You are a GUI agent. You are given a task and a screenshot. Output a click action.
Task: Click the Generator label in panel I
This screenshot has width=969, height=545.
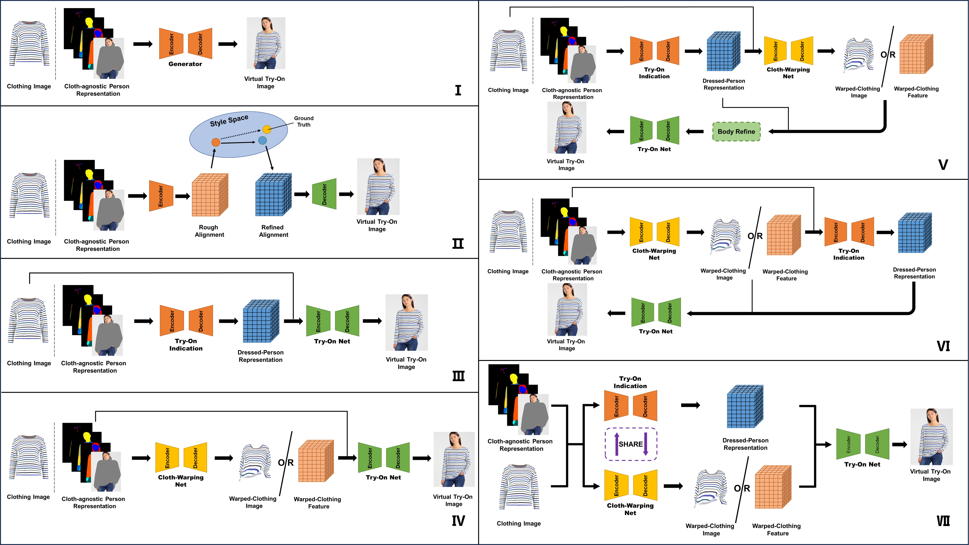(x=185, y=64)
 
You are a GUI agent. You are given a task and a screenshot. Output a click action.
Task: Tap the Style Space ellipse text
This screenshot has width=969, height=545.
(x=229, y=120)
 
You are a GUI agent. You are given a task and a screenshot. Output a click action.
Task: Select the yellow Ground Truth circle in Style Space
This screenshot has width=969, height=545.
(x=267, y=129)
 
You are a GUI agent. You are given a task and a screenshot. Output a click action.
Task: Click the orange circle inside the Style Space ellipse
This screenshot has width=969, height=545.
(x=216, y=142)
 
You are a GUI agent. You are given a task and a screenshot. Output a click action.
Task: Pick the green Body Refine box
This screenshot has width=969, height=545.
(x=736, y=132)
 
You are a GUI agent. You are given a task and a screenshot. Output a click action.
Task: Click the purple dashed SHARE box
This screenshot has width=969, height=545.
(x=631, y=444)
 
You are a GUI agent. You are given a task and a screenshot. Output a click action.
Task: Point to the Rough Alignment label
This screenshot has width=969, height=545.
(x=209, y=231)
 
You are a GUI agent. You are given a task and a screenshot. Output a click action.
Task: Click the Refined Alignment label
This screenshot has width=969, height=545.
(x=273, y=231)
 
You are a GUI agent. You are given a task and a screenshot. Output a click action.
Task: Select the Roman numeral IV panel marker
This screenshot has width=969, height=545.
(x=458, y=521)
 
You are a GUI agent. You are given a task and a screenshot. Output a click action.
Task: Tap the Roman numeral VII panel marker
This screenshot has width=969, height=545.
(x=943, y=521)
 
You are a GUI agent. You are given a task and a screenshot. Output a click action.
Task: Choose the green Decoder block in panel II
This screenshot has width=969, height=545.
(x=324, y=194)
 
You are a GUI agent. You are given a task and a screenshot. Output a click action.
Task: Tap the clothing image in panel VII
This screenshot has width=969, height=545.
(x=519, y=487)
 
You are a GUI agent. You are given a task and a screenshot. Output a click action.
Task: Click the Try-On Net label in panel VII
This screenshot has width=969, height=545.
(x=862, y=464)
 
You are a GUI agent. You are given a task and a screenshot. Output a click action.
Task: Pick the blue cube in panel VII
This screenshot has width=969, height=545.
(x=745, y=406)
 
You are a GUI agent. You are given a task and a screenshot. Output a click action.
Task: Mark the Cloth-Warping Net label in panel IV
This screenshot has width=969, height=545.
(x=181, y=481)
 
